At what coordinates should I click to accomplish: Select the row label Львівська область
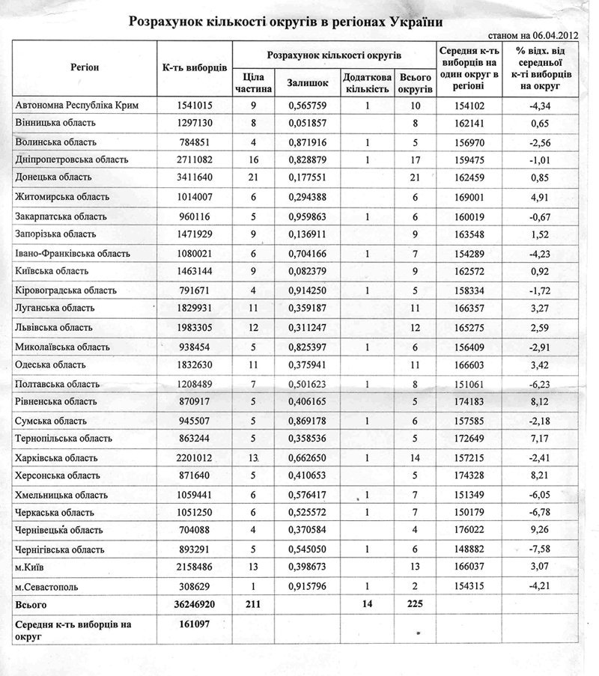coord(53,327)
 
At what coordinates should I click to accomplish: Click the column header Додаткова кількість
coord(365,83)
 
